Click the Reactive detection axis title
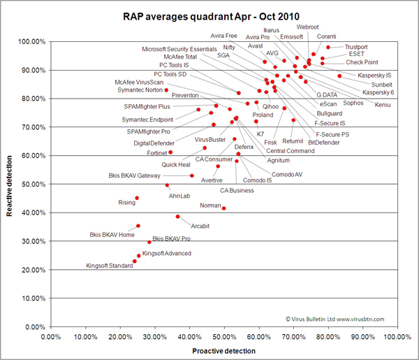point(10,184)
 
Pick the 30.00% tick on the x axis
point(155,336)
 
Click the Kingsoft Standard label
point(110,266)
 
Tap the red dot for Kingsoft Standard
point(135,261)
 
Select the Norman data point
point(224,208)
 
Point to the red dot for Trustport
point(328,48)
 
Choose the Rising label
point(127,203)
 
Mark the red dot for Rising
point(137,198)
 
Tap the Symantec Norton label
point(140,89)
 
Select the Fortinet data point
point(170,152)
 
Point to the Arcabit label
point(200,226)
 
